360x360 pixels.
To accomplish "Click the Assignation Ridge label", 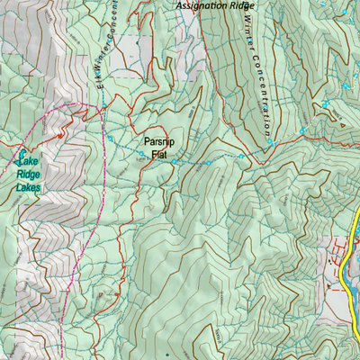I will point(216,5).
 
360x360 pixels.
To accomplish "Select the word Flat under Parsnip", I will point(159,155).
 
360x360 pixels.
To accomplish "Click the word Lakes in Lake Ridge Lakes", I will point(27,188).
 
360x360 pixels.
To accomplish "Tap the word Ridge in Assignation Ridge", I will point(242,5).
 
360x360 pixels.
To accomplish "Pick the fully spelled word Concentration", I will point(258,90).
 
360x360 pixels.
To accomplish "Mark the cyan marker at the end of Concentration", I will point(269,141).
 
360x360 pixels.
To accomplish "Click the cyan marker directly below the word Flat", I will point(175,162).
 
